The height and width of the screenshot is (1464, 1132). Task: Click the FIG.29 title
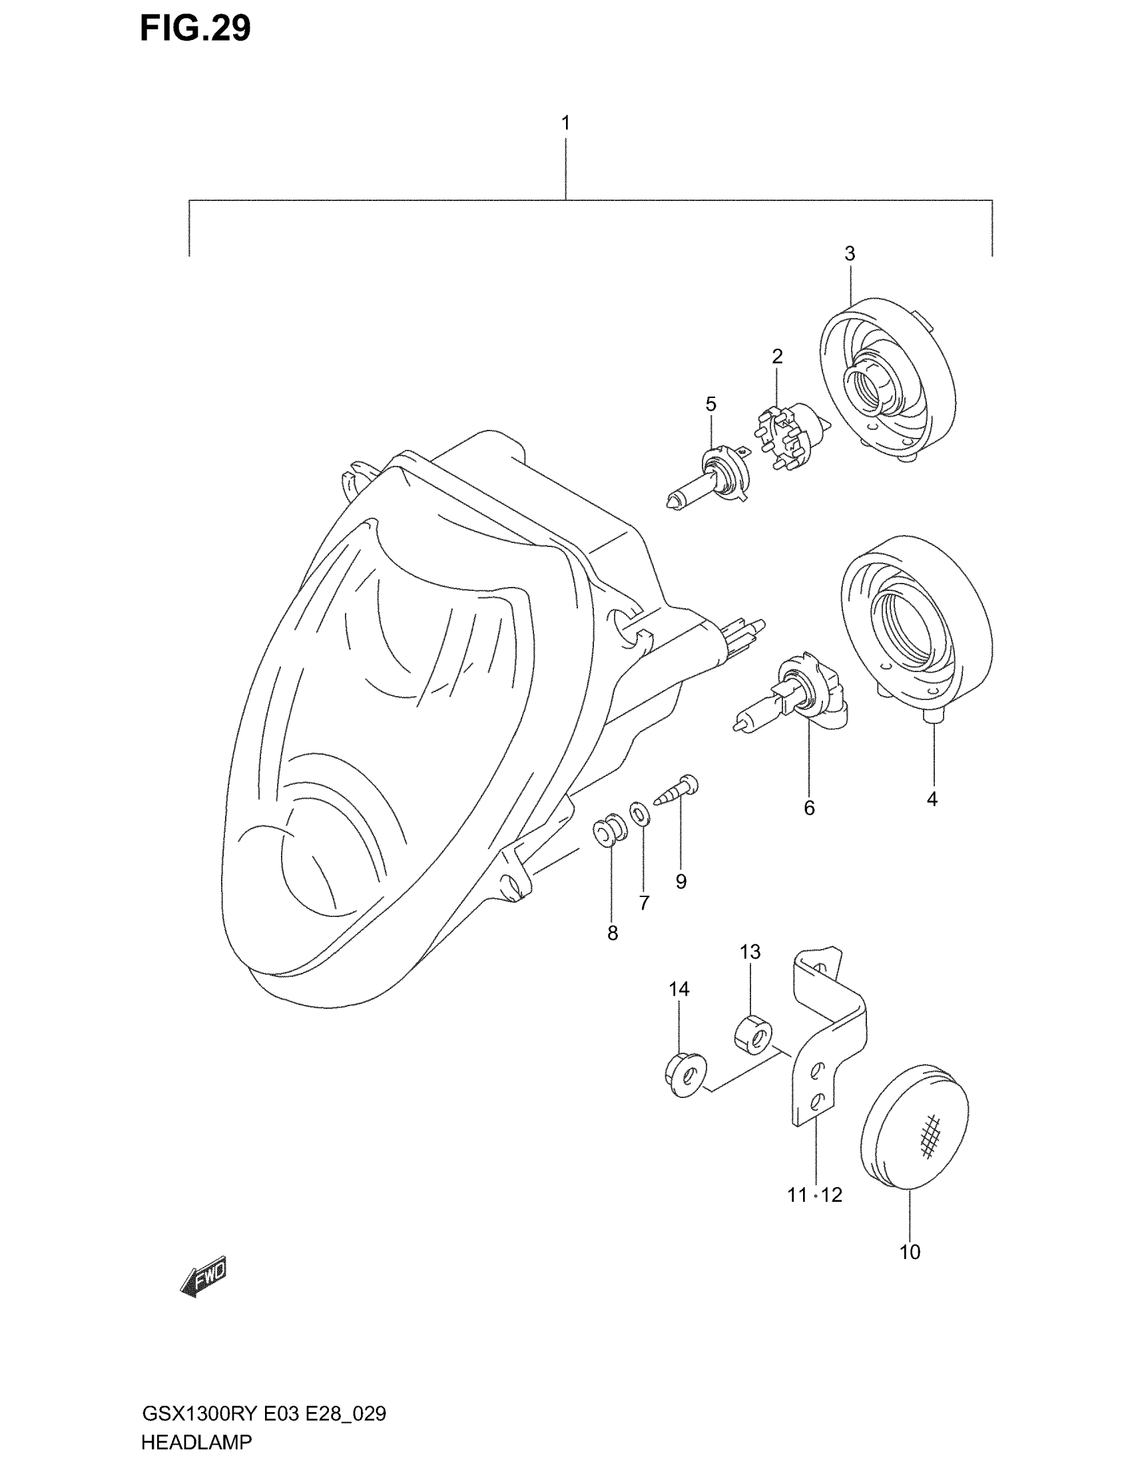[x=195, y=29]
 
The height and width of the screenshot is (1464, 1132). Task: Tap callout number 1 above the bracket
[x=565, y=123]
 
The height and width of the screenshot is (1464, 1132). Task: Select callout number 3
[x=850, y=254]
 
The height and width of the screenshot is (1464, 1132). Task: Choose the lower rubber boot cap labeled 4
[x=916, y=630]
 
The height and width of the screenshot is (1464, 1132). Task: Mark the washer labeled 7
[x=640, y=815]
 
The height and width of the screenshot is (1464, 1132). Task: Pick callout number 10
[x=910, y=1252]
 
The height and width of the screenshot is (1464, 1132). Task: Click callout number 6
[x=809, y=809]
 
